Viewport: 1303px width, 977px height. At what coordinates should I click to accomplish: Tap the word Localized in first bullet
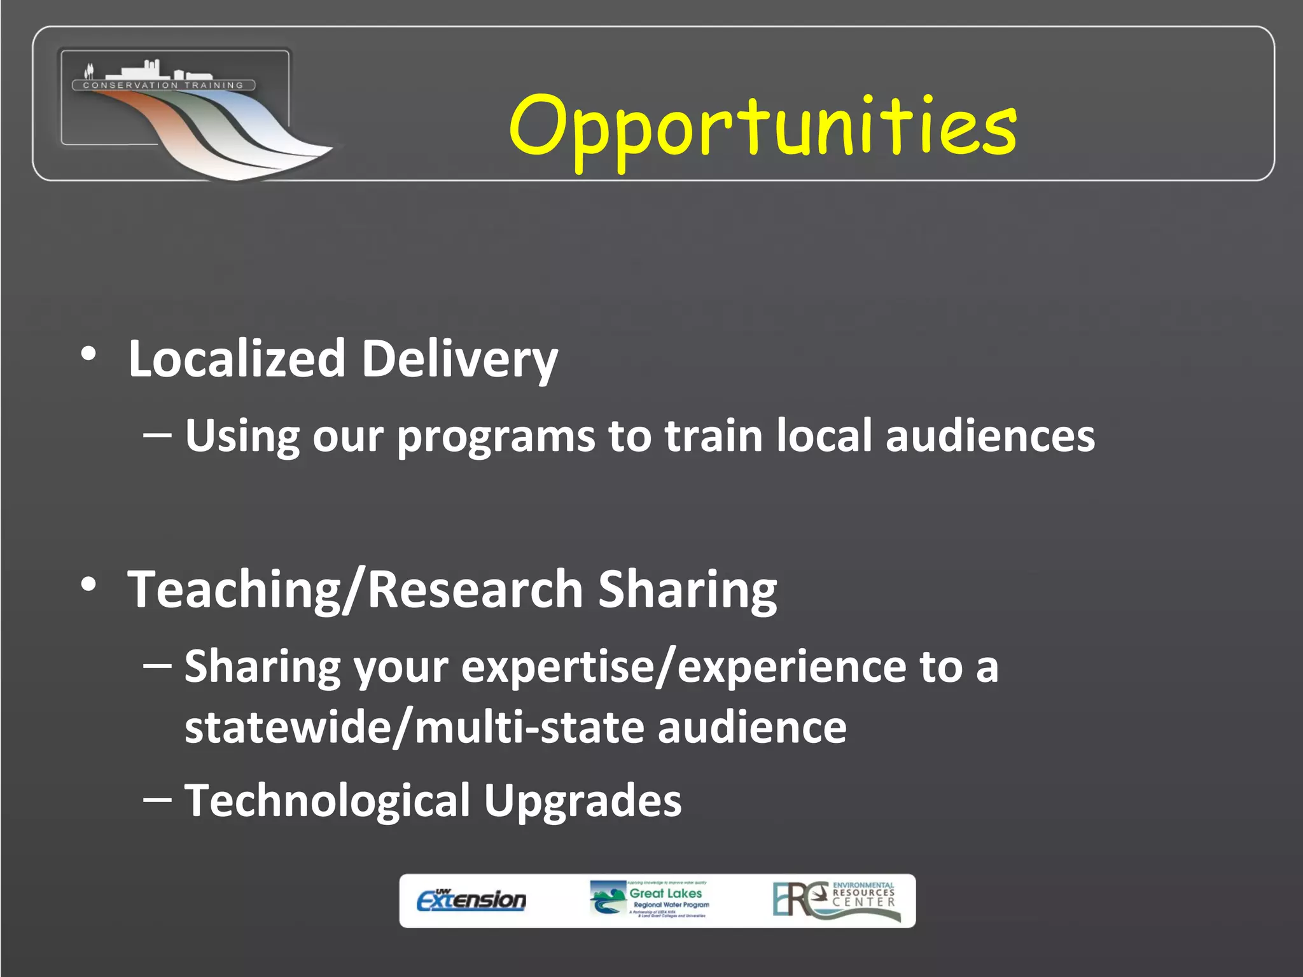point(237,359)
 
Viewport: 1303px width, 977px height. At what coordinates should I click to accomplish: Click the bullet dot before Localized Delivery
point(89,354)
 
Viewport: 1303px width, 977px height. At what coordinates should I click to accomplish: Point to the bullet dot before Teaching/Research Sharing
point(89,584)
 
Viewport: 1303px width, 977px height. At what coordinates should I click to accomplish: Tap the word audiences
point(990,436)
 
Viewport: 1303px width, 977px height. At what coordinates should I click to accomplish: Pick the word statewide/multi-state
point(414,728)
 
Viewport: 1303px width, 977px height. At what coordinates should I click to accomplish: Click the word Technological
point(327,801)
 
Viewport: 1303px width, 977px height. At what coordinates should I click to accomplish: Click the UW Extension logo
point(471,900)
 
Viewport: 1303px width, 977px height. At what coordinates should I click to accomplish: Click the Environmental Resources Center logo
point(836,900)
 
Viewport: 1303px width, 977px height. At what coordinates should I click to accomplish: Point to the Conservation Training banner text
point(164,85)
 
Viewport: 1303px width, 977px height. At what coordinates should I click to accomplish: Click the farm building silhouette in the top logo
point(146,69)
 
